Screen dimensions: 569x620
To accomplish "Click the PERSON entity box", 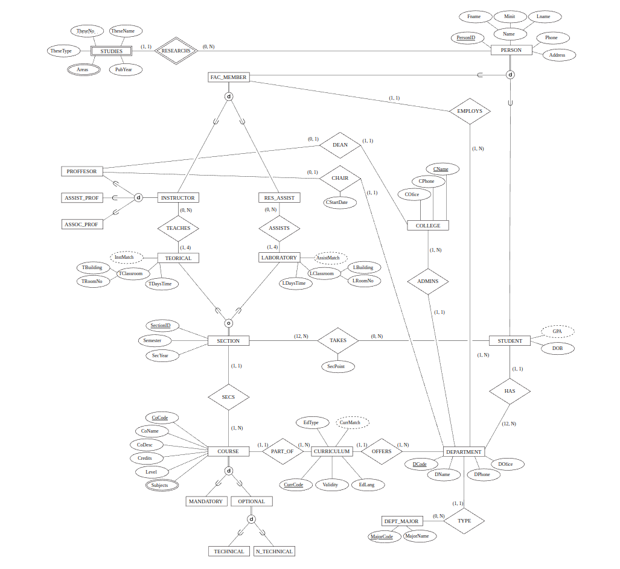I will coord(511,50).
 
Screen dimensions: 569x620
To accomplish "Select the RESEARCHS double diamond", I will coord(176,51).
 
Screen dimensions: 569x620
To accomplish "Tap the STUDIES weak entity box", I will coord(111,51).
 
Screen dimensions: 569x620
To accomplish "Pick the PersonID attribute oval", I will coord(465,38).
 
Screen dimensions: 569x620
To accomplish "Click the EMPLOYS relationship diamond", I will coord(470,111).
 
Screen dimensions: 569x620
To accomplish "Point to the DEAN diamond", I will coord(340,145).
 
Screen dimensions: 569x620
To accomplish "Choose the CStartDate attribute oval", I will coord(336,202).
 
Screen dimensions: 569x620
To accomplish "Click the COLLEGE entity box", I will coord(428,226).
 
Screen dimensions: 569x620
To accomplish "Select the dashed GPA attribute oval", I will coord(557,331).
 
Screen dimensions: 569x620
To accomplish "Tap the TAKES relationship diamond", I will coord(338,340).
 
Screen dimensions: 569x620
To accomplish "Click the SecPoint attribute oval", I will coord(337,366).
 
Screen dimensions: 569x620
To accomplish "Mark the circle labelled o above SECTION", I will coord(228,323).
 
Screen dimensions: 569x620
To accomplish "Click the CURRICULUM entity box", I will coord(332,451).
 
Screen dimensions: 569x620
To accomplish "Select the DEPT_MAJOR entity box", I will coord(401,521).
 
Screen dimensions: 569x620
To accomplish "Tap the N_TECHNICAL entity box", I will coord(274,551).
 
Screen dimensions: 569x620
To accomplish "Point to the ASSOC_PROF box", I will coord(82,224).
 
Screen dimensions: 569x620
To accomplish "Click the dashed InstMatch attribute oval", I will coord(126,257).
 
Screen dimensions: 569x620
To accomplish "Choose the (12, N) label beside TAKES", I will coord(301,336).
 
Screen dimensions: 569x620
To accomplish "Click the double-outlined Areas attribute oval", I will coord(83,69).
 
